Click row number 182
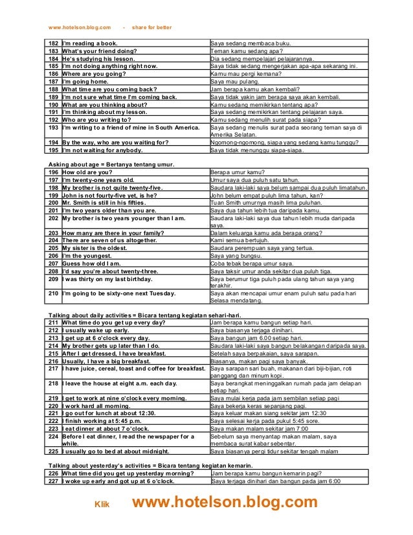pyautogui.click(x=54, y=43)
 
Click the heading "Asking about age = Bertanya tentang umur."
pyautogui.click(x=111, y=166)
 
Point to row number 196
pyautogui.click(x=54, y=173)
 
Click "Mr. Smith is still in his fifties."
pyautogui.click(x=111, y=202)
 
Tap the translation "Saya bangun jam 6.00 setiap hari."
pyautogui.click(x=257, y=337)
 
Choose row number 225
pyautogui.click(x=54, y=451)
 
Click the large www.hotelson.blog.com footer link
pyautogui.click(x=225, y=503)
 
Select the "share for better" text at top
pyautogui.click(x=151, y=28)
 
